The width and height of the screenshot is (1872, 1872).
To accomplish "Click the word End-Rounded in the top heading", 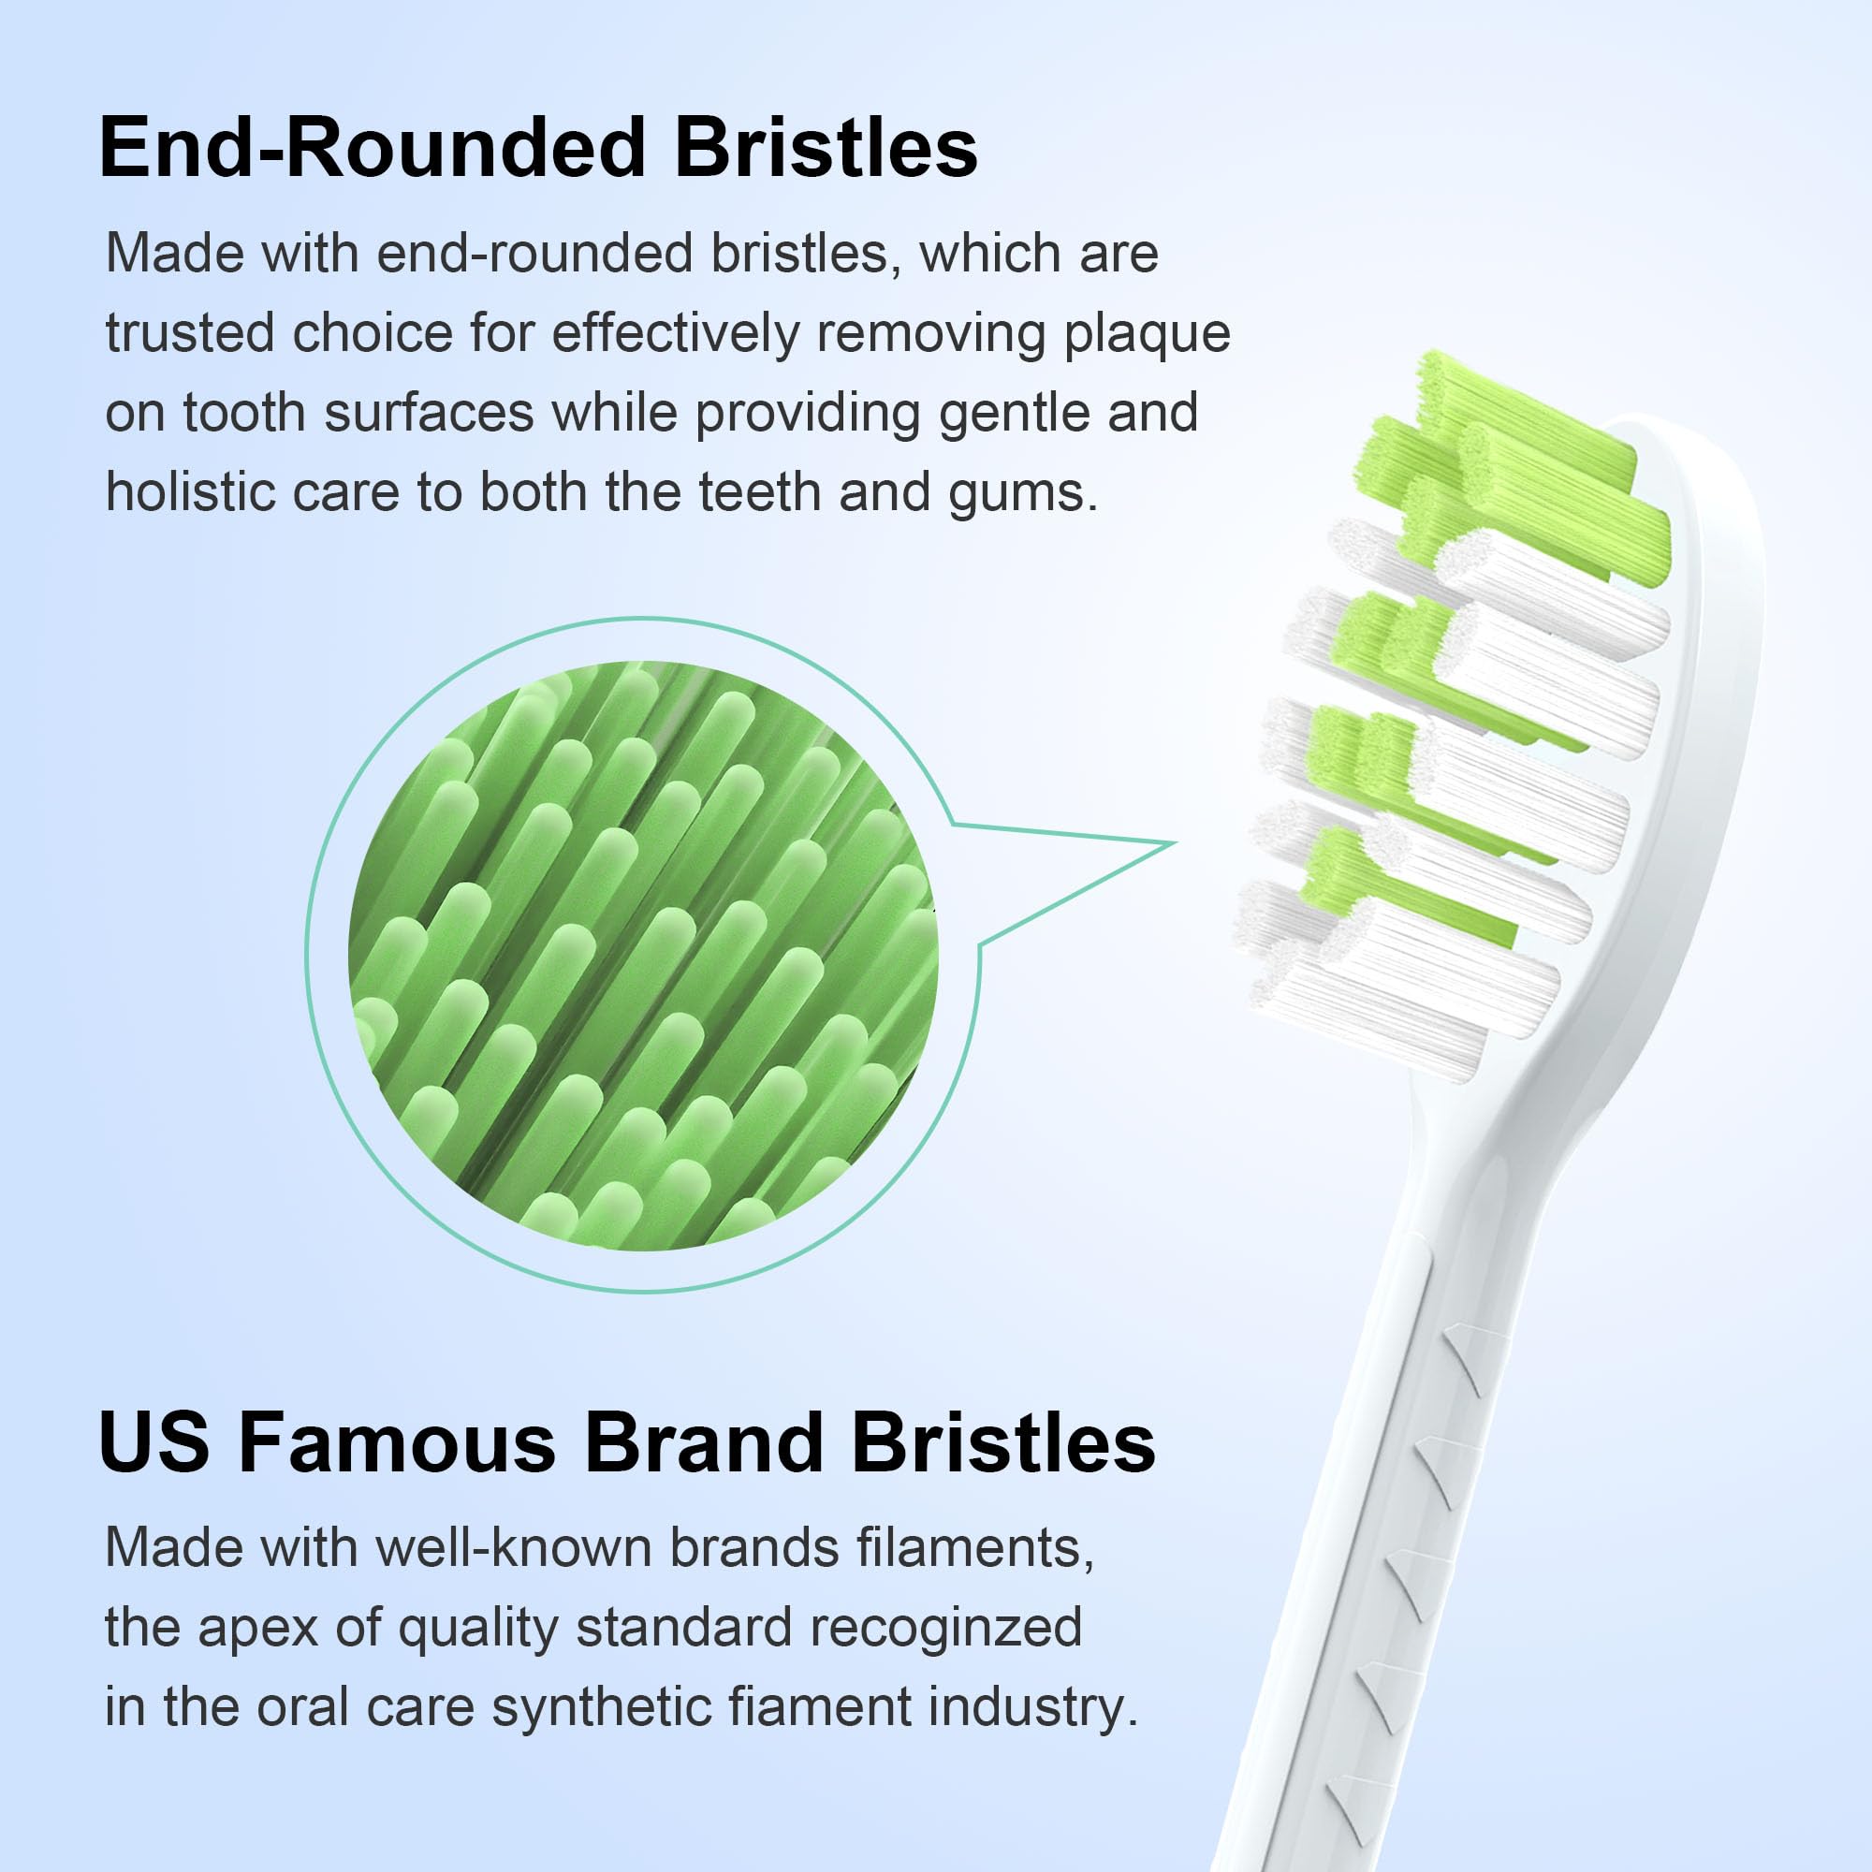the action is [x=373, y=148].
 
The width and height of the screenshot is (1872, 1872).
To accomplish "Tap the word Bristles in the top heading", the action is [x=826, y=148].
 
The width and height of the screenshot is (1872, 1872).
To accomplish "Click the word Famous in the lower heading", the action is [x=397, y=1441].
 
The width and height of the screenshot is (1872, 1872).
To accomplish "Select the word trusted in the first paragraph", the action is [x=189, y=333].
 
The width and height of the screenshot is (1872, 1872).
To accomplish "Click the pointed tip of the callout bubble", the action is [x=1176, y=843].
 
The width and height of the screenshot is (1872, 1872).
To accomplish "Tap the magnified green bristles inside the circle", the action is [x=643, y=955].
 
